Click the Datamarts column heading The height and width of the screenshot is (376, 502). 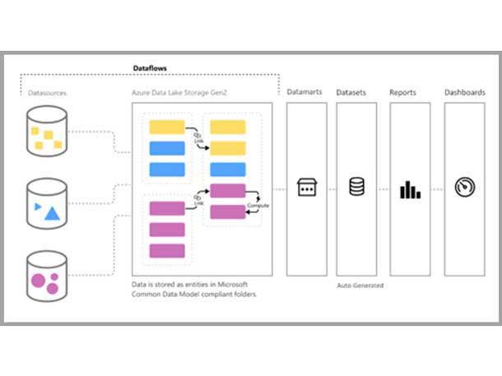click(305, 93)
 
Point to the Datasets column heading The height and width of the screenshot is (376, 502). click(351, 93)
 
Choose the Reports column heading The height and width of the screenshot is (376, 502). click(403, 93)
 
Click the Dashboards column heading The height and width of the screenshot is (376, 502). click(465, 93)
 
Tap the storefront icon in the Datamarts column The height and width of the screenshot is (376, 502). click(306, 188)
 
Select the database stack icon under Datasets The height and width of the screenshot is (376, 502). click(356, 188)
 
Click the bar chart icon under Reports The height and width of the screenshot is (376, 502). click(410, 189)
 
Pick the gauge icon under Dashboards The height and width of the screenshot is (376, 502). click(465, 188)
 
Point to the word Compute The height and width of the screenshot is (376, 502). click(258, 206)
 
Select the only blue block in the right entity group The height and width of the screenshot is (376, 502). click(228, 169)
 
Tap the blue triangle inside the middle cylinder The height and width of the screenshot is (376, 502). click(52, 214)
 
